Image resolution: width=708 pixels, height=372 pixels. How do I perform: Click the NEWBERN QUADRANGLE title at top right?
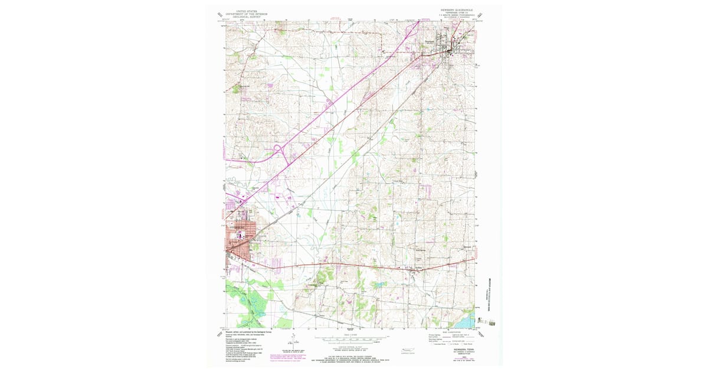pyautogui.click(x=456, y=10)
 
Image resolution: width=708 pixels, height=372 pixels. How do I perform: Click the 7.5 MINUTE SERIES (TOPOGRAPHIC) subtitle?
pyautogui.click(x=456, y=17)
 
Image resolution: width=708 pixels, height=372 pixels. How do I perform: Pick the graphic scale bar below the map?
pyautogui.click(x=352, y=339)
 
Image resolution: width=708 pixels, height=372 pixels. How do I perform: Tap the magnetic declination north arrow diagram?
pyautogui.click(x=293, y=341)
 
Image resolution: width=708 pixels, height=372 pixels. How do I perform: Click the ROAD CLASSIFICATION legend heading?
pyautogui.click(x=451, y=332)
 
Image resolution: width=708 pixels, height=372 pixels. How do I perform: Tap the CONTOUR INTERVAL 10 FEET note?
pyautogui.click(x=352, y=346)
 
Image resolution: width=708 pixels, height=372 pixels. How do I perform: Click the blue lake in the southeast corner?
pyautogui.click(x=467, y=322)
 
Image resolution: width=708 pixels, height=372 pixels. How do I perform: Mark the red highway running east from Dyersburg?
pyautogui.click(x=354, y=265)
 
